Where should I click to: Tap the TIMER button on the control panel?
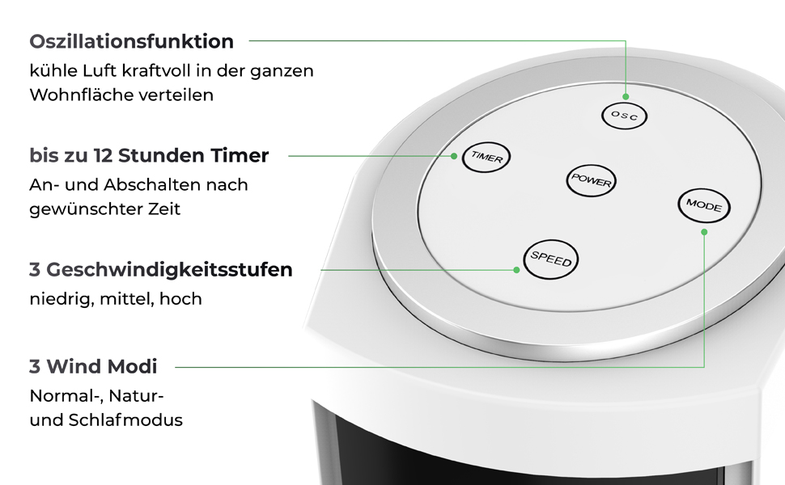(486, 158)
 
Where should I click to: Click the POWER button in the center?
(592, 180)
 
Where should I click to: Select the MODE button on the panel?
(704, 205)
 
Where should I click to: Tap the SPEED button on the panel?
(550, 259)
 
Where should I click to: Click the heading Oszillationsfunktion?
(132, 41)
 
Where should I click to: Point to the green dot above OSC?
(626, 96)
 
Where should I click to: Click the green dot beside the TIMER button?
(453, 156)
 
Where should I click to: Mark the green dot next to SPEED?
(516, 270)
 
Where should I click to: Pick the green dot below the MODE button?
(704, 232)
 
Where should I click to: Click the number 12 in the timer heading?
(103, 155)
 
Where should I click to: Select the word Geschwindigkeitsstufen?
(169, 270)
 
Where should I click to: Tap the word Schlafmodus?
(125, 420)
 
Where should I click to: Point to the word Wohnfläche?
(75, 95)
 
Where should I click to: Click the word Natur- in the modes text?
(136, 395)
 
